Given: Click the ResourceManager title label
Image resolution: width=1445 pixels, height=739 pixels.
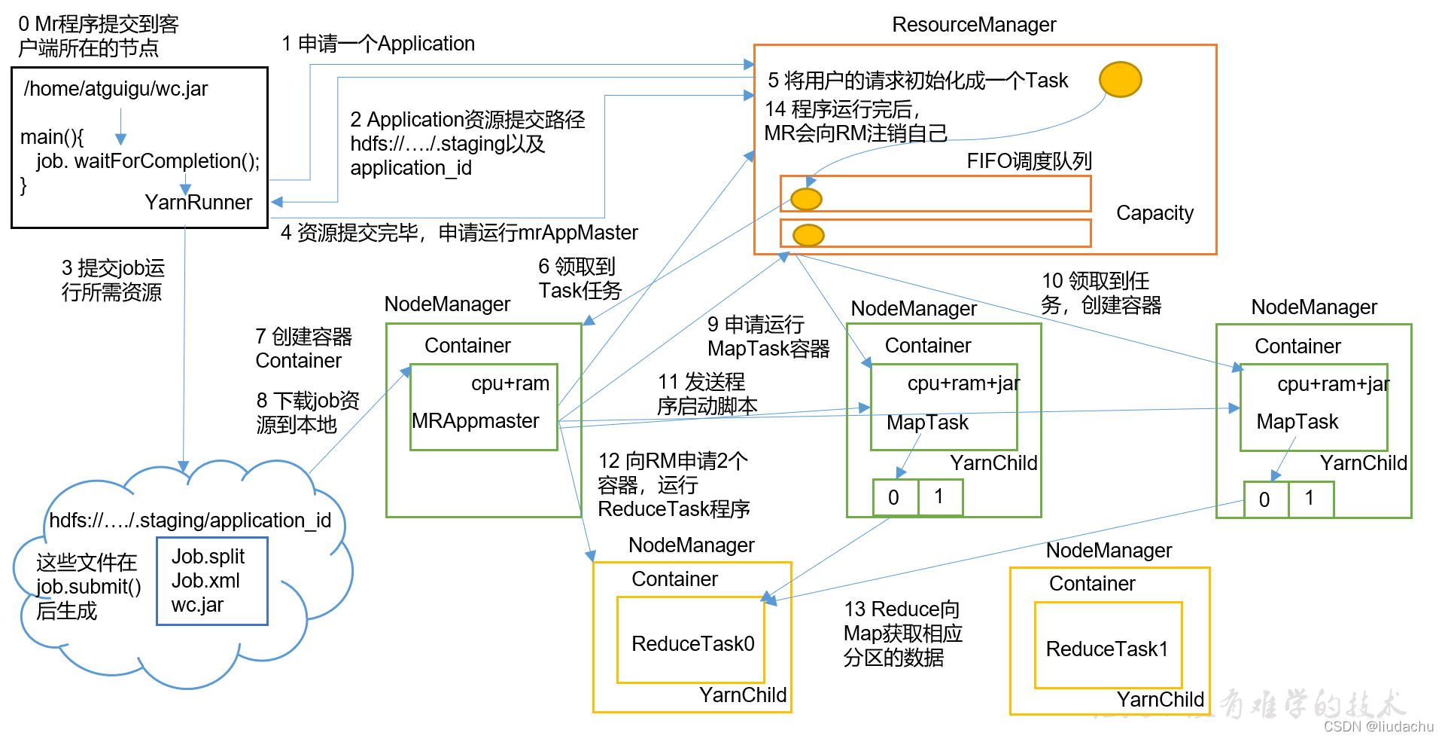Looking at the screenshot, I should point(974,25).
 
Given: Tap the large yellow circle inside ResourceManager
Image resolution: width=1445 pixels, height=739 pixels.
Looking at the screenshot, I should point(1120,79).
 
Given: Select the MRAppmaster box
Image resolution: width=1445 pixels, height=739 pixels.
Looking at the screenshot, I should point(483,408).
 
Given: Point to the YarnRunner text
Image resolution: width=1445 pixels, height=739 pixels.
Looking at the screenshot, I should point(198,203).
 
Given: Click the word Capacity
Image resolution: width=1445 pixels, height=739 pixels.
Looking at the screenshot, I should point(1154,213).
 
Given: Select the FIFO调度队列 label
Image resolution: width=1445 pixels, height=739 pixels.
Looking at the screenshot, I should point(1029,161).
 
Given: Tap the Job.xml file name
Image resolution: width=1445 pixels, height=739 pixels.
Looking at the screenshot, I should point(205,581).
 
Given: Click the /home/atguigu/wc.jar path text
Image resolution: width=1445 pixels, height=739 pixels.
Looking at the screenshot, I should point(116,89).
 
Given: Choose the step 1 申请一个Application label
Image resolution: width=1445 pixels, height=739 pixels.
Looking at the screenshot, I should point(379,44).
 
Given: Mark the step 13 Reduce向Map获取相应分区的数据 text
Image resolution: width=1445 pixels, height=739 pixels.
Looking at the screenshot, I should point(902,634).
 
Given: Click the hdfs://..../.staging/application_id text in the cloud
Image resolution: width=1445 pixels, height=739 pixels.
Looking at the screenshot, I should point(190,521).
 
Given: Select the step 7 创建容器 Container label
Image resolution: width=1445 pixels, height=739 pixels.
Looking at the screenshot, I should point(303,348).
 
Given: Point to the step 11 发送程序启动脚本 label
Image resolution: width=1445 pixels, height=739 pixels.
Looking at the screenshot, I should point(706,394).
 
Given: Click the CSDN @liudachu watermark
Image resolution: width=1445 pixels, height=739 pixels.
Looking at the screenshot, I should point(1379,726).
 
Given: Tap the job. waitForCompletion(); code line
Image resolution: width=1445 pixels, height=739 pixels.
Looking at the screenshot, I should point(148,161).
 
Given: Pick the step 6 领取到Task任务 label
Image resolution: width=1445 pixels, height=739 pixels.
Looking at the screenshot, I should point(580,279).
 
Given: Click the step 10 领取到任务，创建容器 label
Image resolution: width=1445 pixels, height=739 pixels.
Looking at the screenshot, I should point(1101,293).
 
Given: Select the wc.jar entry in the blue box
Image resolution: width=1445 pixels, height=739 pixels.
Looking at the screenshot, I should point(197,605).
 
